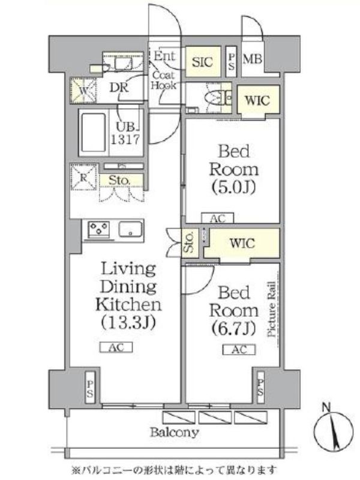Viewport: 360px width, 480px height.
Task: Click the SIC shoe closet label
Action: click(201, 61)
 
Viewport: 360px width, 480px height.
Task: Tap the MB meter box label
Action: click(251, 59)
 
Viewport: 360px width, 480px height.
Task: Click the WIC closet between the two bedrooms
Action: click(242, 244)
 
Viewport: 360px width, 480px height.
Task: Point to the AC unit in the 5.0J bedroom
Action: click(217, 218)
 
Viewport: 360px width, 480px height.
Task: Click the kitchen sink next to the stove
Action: click(131, 229)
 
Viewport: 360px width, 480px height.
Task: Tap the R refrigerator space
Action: click(83, 178)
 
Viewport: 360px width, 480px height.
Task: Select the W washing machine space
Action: click(83, 91)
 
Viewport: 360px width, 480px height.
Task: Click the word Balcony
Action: click(175, 432)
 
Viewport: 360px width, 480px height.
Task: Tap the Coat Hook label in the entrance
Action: click(163, 80)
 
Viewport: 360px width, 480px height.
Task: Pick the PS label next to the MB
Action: click(232, 59)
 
